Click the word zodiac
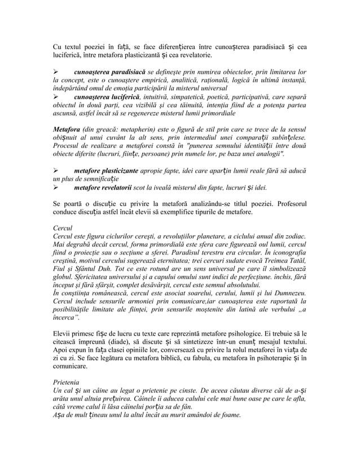pos(295,235)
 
